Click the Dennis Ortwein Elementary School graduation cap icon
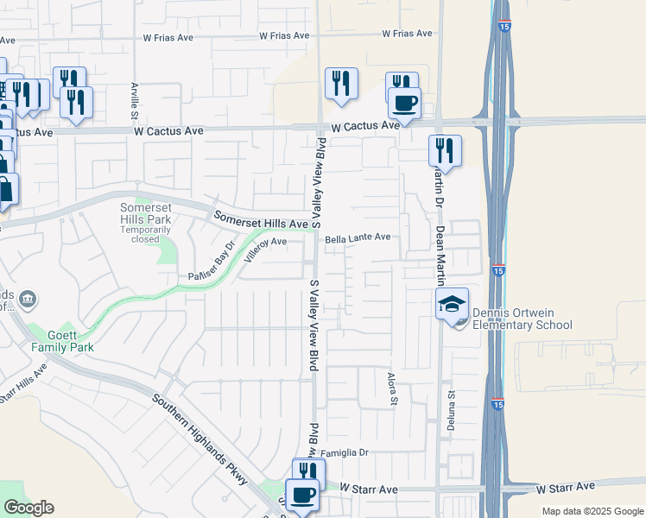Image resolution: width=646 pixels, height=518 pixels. pos(452,305)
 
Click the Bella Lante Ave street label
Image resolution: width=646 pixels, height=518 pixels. pos(358,237)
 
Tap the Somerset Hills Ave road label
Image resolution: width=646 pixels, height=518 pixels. pos(261,221)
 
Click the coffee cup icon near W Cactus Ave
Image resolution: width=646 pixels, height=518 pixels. pos(404,104)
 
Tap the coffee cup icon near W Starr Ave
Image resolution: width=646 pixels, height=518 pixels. pos(302,496)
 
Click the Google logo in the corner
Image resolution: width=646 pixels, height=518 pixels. pos(28,508)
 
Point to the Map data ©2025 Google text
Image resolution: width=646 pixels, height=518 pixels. pos(592,511)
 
